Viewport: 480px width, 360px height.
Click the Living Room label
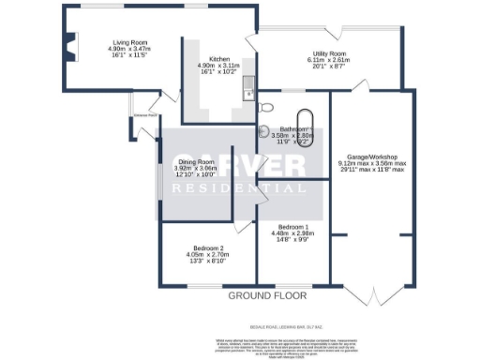132,43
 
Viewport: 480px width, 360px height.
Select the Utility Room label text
327,54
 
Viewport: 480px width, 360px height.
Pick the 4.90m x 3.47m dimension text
132,50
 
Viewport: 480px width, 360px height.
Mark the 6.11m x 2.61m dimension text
327,61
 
